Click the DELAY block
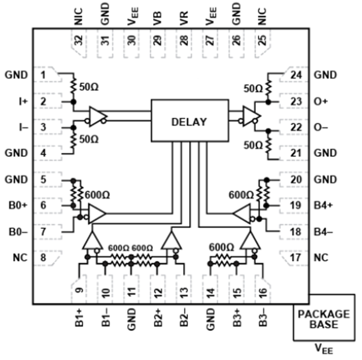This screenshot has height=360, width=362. [x=189, y=121]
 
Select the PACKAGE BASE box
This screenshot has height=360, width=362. [x=323, y=319]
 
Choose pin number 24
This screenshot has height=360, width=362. [x=296, y=75]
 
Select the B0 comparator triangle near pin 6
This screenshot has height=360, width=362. [x=97, y=214]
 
